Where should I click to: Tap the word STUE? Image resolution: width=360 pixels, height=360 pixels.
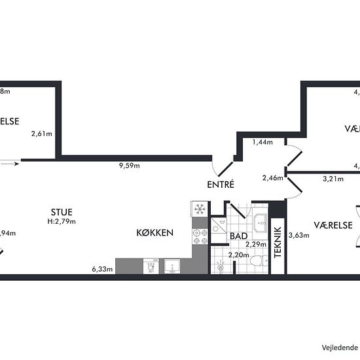coord(62,212)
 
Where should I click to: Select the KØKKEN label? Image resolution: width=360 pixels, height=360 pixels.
coord(154,233)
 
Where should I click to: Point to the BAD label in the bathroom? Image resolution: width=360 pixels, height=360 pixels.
coord(239,236)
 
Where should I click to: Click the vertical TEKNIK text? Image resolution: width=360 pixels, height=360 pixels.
coord(278,244)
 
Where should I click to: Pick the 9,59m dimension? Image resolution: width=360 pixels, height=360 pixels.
coord(129,166)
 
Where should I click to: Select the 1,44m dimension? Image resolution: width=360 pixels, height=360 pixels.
coord(263,142)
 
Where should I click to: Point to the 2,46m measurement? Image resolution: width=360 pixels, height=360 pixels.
coord(272,178)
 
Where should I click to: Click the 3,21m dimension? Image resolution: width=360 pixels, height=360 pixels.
coord(333,178)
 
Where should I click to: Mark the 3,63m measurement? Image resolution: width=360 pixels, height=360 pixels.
coord(298,236)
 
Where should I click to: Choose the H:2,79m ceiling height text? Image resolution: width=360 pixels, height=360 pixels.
coord(62,221)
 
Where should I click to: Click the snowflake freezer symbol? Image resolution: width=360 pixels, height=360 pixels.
coord(198,209)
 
